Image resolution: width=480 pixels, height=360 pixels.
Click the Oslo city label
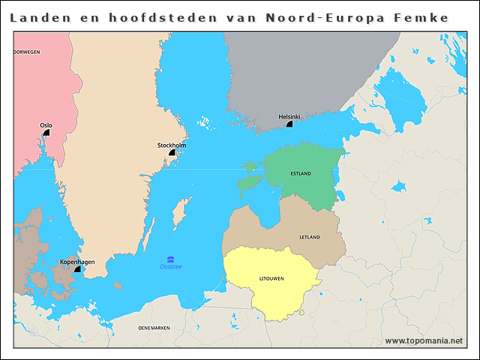(46, 125)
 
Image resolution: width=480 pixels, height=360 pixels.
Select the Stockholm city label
(172, 145)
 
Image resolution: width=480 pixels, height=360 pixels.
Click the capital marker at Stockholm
(172, 152)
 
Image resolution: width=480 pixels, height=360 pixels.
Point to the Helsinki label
(289, 117)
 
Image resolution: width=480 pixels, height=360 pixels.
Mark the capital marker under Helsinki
(289, 124)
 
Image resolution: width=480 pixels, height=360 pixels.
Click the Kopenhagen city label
(77, 262)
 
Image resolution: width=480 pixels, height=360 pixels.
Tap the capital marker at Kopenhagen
(77, 269)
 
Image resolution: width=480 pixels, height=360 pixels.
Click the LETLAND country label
(310, 237)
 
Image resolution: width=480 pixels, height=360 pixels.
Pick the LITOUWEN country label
(271, 278)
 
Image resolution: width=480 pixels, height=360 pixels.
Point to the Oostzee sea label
(170, 267)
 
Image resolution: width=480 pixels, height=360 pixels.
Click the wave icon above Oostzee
(170, 259)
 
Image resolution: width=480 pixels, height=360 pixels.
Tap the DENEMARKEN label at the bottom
(154, 328)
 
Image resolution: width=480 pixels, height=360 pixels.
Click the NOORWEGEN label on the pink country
(27, 52)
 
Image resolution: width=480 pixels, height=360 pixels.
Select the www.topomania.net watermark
(424, 340)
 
